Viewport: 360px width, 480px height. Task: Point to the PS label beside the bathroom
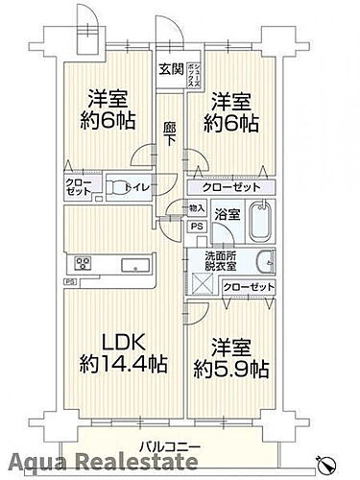pyautogui.click(x=197, y=227)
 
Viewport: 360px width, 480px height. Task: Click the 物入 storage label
pyautogui.click(x=197, y=207)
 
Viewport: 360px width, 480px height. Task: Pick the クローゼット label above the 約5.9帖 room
pyautogui.click(x=248, y=286)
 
